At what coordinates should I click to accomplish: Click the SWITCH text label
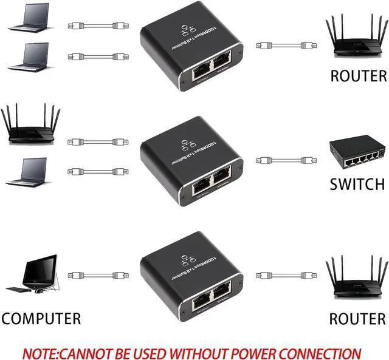[357, 184]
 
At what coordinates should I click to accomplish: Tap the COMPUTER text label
[41, 318]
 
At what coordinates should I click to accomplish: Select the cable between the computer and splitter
[97, 275]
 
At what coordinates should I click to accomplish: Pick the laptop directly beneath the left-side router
[27, 171]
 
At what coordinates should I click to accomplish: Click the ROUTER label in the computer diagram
[357, 318]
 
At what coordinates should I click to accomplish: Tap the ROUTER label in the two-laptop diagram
[358, 76]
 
